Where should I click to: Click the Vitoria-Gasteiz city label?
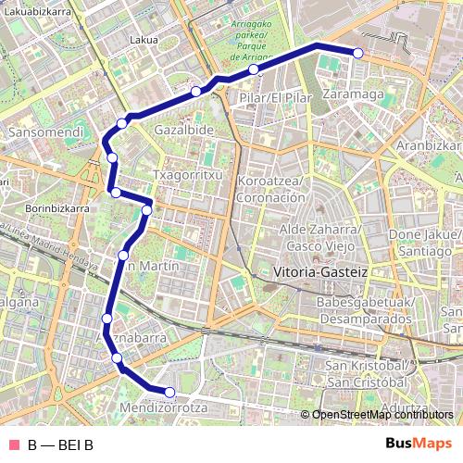(321, 273)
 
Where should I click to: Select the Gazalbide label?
(183, 131)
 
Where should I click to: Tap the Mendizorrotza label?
(163, 407)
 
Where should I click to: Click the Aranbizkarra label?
(428, 145)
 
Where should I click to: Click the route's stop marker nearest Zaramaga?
(357, 53)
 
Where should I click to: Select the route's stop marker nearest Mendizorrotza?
(169, 393)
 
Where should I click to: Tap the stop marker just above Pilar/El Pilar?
(253, 69)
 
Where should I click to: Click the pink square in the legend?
(13, 444)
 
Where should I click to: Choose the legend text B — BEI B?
(60, 444)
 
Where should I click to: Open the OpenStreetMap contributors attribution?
(380, 415)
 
